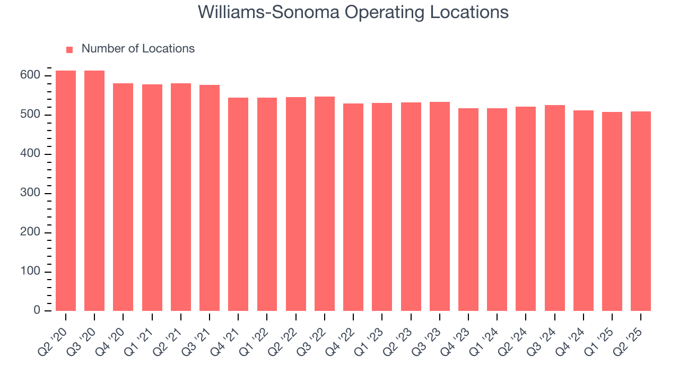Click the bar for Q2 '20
[66, 191]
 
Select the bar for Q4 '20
[123, 197]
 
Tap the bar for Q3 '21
[210, 198]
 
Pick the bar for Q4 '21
[238, 204]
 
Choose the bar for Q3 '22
[325, 204]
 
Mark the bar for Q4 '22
[353, 207]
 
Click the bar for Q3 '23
[440, 206]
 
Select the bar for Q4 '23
[468, 210]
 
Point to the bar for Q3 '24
[555, 208]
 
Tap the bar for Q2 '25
[641, 211]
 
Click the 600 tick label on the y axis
[31, 76]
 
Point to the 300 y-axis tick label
[31, 194]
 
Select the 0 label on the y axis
[37, 311]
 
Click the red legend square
[69, 50]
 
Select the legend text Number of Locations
[138, 49]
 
